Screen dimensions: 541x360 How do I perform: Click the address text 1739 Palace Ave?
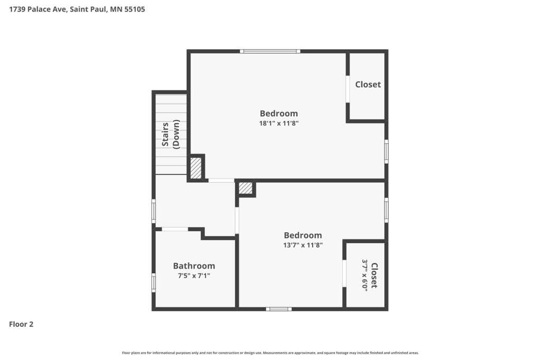[38, 10]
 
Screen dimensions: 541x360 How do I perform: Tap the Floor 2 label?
[21, 324]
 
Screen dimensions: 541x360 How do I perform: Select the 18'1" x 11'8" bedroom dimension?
[279, 123]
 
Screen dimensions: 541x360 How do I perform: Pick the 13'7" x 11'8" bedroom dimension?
[303, 245]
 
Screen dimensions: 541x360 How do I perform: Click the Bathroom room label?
[194, 266]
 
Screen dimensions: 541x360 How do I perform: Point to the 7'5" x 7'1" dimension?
[194, 276]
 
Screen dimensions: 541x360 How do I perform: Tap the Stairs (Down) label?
[171, 134]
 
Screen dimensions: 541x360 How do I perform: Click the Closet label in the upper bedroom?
[368, 84]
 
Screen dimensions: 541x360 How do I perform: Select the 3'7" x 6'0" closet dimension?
[365, 275]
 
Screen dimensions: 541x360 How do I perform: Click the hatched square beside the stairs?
[196, 168]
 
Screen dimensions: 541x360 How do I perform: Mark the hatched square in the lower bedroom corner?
[246, 188]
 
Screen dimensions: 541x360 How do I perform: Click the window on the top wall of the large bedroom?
[270, 51]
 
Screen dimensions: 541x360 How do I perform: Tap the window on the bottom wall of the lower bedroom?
[279, 309]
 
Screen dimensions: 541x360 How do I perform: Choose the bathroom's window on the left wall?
[154, 283]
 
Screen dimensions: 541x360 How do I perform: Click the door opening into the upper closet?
[348, 89]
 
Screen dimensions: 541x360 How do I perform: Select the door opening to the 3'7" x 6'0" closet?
[344, 273]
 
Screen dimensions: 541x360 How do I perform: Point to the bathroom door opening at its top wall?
[175, 229]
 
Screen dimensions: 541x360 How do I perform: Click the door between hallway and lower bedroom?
[237, 220]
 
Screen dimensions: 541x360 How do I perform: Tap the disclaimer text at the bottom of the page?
[270, 353]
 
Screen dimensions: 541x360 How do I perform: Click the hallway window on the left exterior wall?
[154, 211]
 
